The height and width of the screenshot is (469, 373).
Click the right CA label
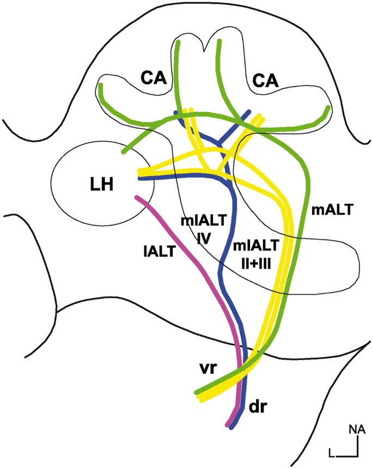click(265, 81)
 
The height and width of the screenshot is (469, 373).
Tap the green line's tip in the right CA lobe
click(328, 108)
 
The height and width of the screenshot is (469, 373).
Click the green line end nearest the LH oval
click(125, 151)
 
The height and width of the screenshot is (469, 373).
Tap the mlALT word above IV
click(199, 220)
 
